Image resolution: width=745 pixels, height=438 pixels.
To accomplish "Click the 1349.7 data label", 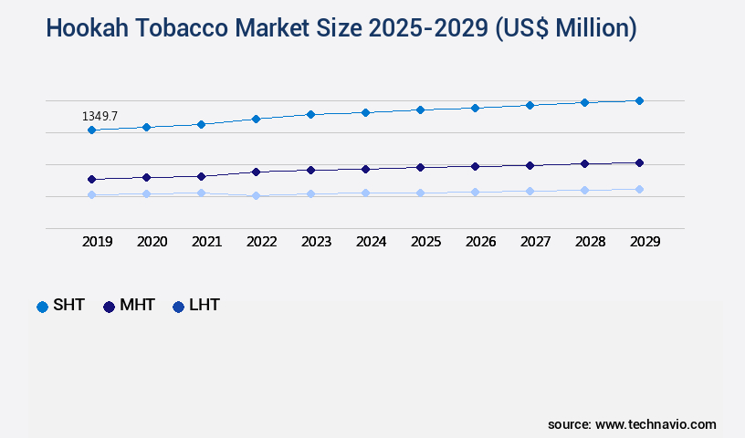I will tap(100, 117).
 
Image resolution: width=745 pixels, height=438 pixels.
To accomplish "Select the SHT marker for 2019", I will tap(91, 130).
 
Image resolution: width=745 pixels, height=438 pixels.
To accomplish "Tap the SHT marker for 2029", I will tap(639, 100).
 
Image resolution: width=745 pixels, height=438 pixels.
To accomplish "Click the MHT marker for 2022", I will tap(256, 172).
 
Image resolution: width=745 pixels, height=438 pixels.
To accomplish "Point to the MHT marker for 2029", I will tap(639, 162).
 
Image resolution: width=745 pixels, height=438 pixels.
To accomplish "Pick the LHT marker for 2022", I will tap(256, 195).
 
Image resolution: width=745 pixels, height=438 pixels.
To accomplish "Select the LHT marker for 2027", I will tap(530, 191).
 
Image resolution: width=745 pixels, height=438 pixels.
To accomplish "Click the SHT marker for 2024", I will tap(365, 112).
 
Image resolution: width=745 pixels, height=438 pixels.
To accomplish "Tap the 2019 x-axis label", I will tap(98, 242).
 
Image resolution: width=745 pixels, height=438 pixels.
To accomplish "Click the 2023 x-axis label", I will tap(317, 242).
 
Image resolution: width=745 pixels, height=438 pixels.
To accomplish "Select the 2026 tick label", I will tap(481, 242).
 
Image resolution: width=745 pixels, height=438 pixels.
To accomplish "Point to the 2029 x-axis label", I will tap(645, 242).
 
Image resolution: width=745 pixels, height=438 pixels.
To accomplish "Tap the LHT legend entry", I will tap(196, 306).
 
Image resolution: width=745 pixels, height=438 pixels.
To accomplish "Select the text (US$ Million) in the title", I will tap(566, 28).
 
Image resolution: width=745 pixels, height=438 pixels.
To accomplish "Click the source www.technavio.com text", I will tap(632, 424).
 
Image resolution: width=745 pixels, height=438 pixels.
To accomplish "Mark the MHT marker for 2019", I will tap(91, 179).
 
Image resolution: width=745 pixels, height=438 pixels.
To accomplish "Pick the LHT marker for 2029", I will tap(639, 189).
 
